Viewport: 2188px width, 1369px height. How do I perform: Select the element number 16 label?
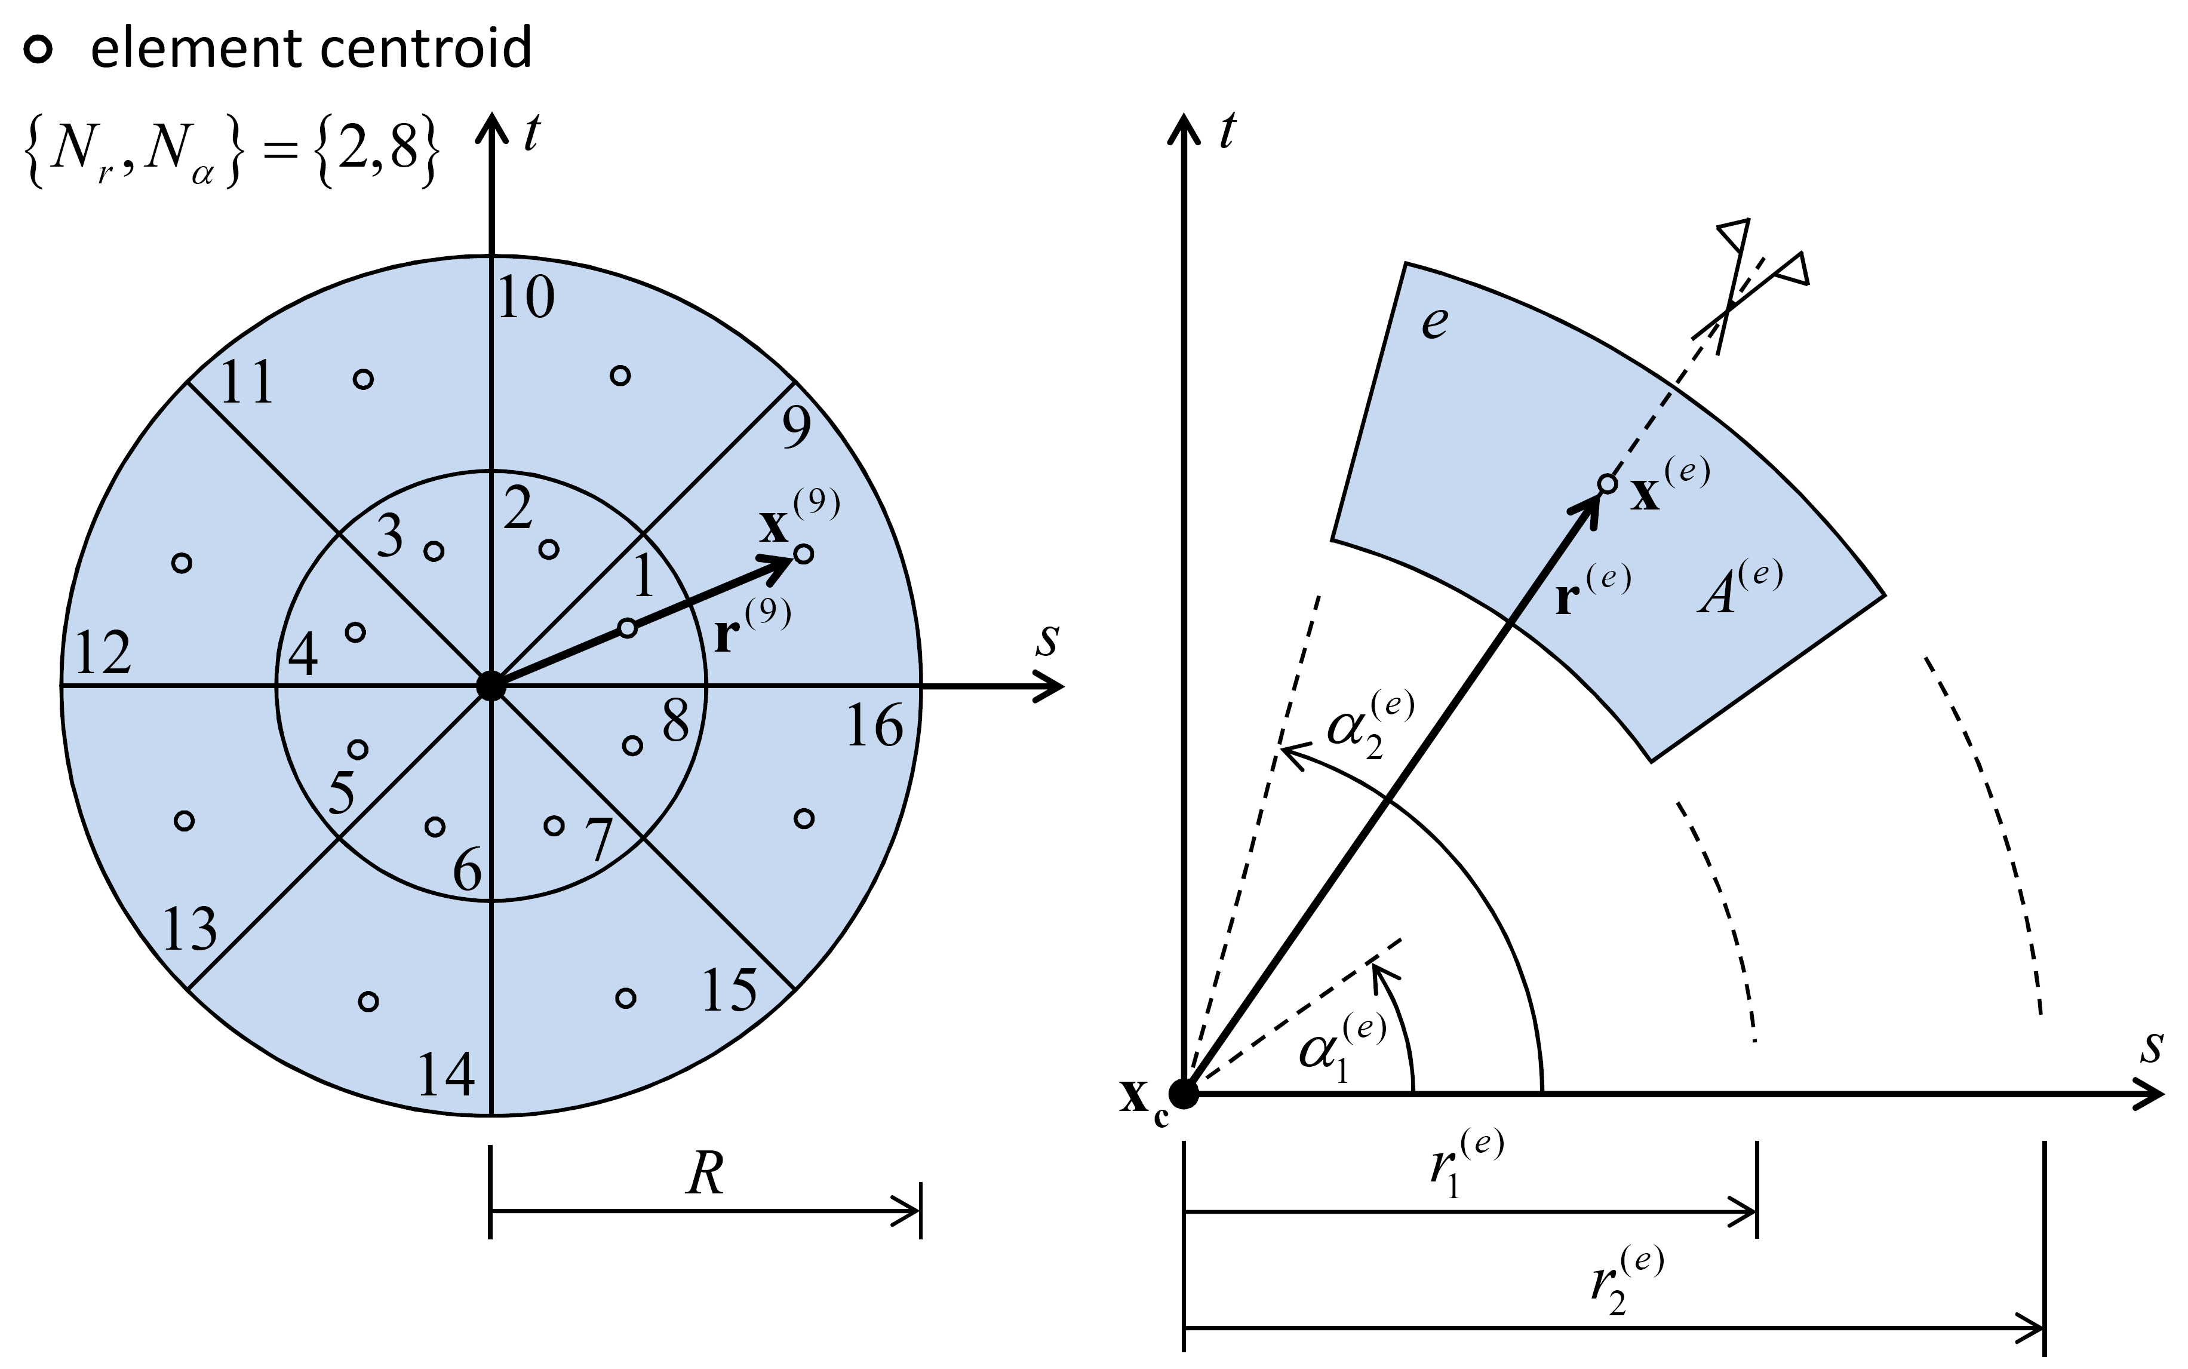coord(874,726)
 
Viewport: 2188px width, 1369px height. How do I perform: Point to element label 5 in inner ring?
coord(342,794)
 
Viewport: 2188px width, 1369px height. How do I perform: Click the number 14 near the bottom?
coord(445,1076)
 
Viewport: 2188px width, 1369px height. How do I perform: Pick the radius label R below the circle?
coord(705,1175)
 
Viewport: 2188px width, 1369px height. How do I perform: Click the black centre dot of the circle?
coord(491,686)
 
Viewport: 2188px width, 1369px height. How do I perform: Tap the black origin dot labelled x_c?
coord(1184,1094)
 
